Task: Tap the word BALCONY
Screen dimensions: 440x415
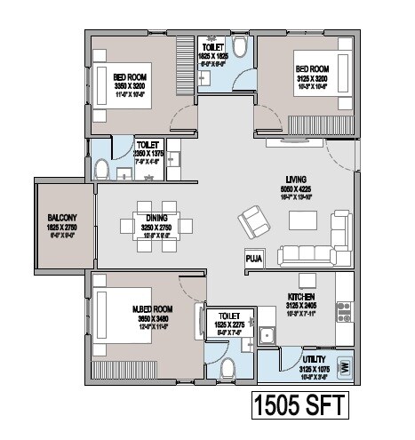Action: (63, 218)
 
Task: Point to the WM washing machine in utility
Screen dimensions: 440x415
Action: (345, 364)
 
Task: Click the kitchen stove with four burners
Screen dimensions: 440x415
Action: (344, 311)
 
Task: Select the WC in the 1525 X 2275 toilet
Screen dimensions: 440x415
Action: (227, 367)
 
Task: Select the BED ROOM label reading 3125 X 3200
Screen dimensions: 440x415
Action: (312, 68)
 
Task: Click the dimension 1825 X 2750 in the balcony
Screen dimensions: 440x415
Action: (63, 228)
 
